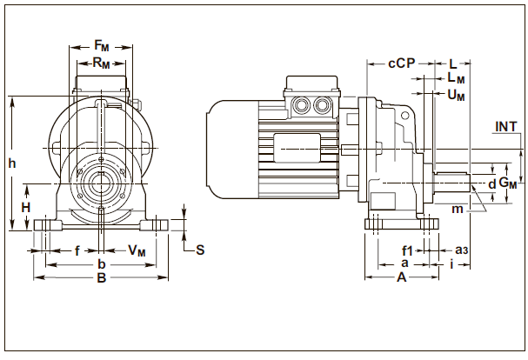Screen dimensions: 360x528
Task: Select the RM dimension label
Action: click(x=101, y=63)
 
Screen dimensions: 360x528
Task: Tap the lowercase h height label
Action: click(x=10, y=163)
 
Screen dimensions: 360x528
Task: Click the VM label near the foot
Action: click(x=137, y=250)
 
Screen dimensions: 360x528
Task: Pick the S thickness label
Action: click(x=199, y=250)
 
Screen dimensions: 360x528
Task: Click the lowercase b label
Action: click(x=101, y=263)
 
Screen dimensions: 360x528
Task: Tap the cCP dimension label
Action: click(x=402, y=63)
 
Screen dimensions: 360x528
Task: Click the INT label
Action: click(x=506, y=127)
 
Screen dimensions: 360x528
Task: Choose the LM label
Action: click(x=456, y=79)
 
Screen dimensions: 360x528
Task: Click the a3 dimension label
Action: click(x=463, y=250)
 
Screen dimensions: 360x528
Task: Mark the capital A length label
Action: click(x=401, y=278)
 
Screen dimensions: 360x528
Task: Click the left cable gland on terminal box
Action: click(x=304, y=105)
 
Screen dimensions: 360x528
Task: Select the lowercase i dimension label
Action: click(x=454, y=263)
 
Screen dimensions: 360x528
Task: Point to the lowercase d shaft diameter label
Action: click(x=491, y=184)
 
